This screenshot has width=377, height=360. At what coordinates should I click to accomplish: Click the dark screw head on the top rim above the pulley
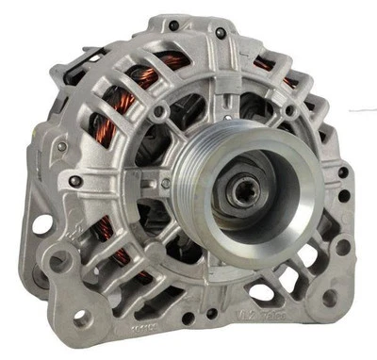pyautogui.click(x=221, y=34)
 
